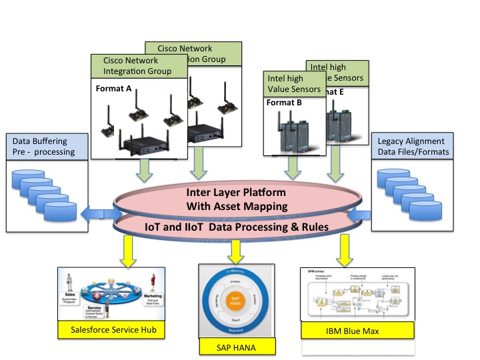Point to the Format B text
pyautogui.click(x=285, y=103)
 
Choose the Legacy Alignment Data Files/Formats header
pyautogui.click(x=412, y=147)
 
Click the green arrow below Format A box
pyautogui.click(x=142, y=171)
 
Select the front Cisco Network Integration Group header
pyautogui.click(x=137, y=66)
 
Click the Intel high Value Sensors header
pyautogui.click(x=293, y=83)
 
